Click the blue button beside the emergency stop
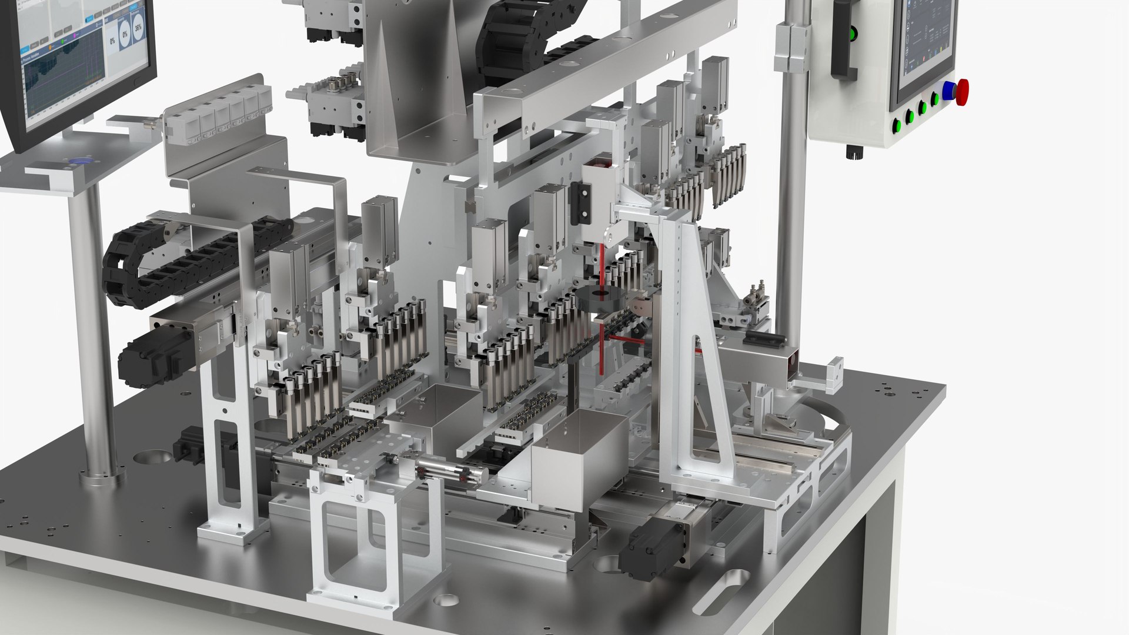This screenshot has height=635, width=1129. pos(948,92)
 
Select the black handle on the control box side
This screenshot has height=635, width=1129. pos(840,41)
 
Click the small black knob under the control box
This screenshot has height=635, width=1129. pos(850,154)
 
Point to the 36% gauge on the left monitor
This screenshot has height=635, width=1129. pos(138,28)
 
